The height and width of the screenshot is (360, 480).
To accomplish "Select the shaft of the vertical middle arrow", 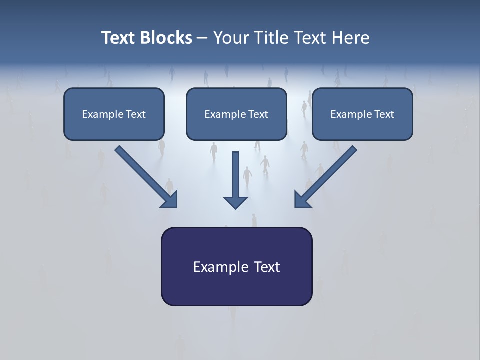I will coord(235,173).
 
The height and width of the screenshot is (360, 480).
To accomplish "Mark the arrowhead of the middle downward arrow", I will coord(235,202).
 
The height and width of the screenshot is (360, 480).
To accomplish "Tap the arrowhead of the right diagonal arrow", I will coord(302,200).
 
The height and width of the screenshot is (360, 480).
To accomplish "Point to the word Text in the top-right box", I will coord(384,114).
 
